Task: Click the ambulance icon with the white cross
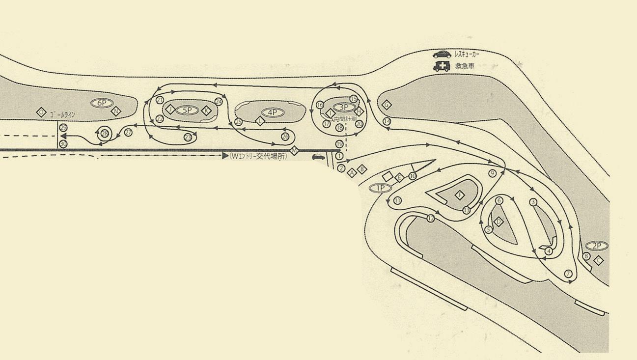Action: (442, 66)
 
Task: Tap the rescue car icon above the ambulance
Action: (442, 55)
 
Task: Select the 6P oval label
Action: (102, 103)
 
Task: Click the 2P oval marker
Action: (596, 246)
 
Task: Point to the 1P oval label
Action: (380, 188)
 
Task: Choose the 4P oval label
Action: (273, 112)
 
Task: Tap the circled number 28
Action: (104, 133)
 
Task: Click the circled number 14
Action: (387, 121)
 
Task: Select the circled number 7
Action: (569, 274)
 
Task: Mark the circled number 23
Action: (188, 138)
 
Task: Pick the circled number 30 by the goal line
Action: (63, 144)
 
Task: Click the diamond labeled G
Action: (387, 105)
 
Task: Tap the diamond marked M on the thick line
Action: (294, 151)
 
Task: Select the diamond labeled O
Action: (41, 112)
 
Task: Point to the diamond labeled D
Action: (499, 222)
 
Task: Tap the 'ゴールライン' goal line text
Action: (62, 115)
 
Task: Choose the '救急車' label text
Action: (465, 66)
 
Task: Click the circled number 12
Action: (431, 219)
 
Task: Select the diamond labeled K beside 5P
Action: (207, 111)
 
